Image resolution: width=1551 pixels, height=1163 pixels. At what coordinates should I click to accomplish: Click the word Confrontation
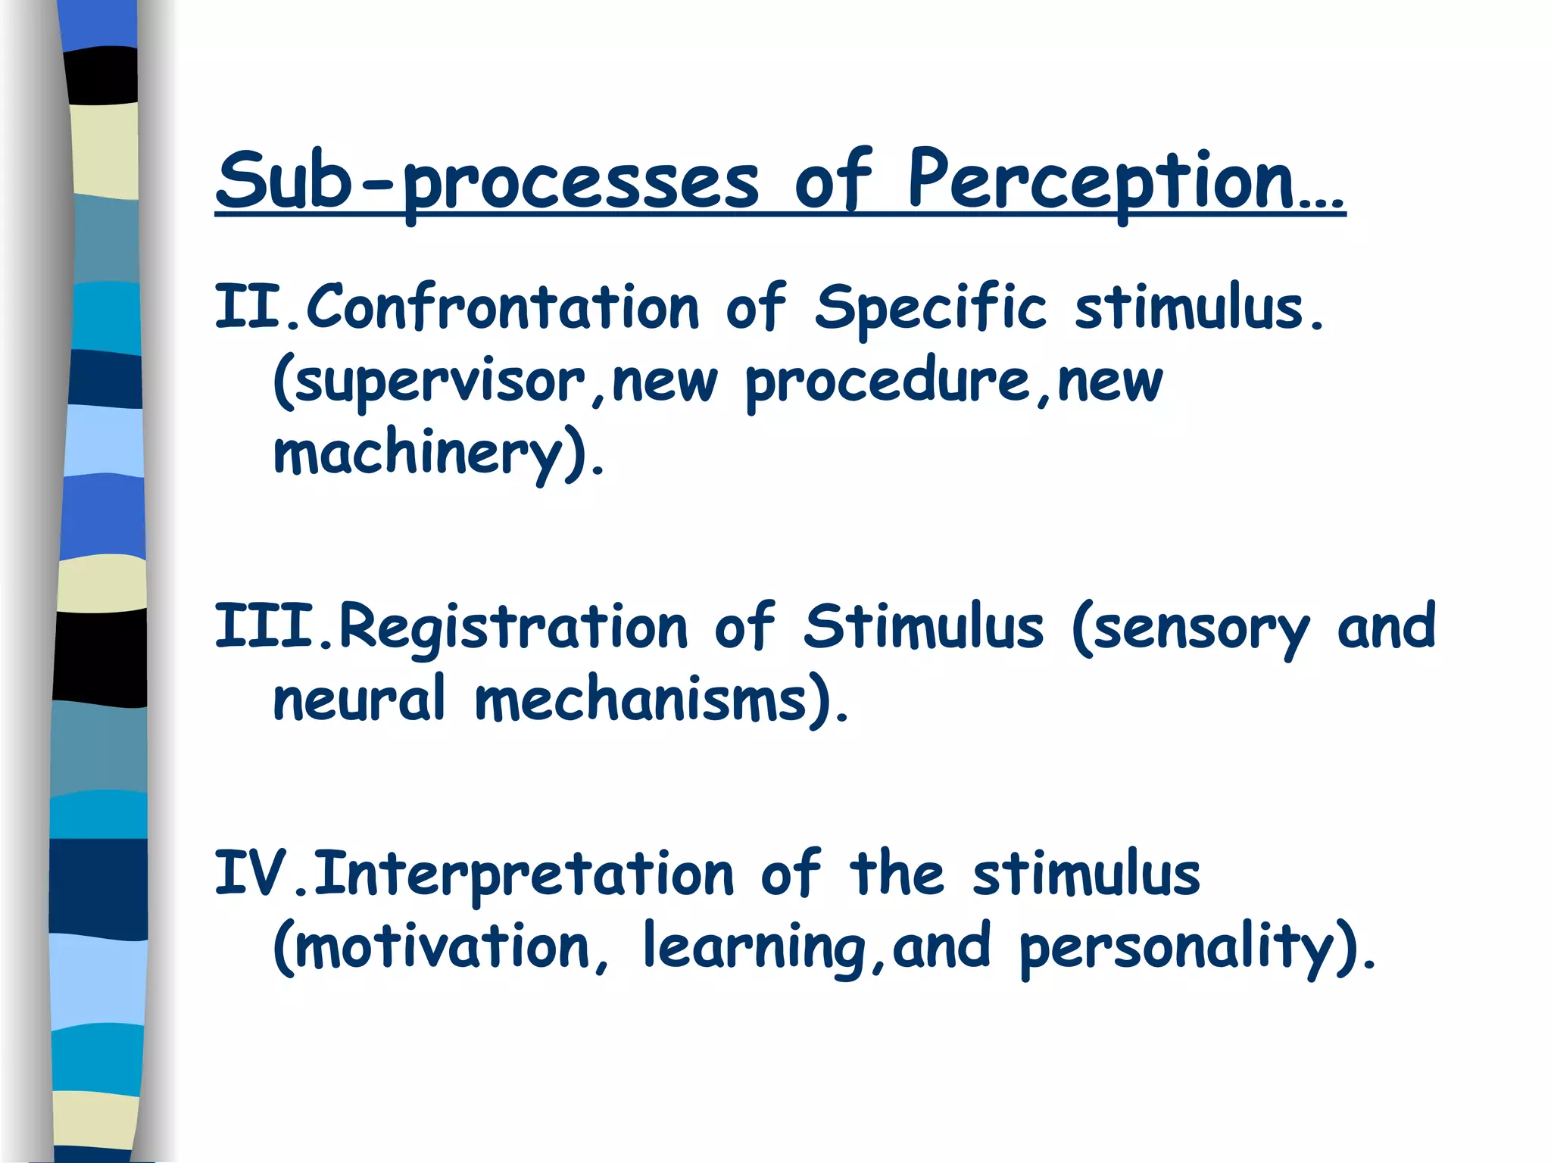coord(502,307)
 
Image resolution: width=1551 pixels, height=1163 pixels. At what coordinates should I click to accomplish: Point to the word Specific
coord(930,307)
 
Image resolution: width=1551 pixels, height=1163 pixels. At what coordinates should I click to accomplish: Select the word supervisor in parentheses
coord(439,382)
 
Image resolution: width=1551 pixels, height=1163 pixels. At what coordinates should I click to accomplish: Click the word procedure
coord(887,382)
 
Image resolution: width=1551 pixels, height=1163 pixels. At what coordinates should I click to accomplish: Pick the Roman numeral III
coord(264,627)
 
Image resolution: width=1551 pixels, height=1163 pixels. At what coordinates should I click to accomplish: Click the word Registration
coord(513,627)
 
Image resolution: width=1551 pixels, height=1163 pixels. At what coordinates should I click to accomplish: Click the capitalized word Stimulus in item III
coord(923,627)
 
